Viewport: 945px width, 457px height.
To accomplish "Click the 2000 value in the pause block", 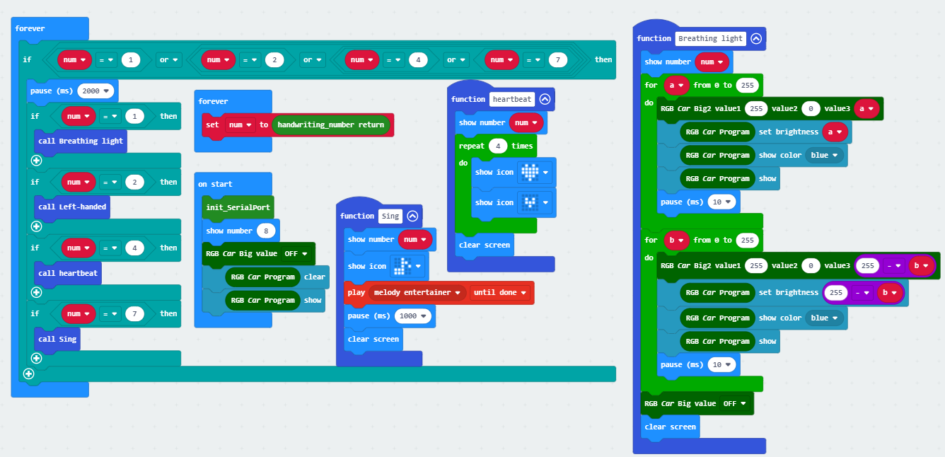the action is point(95,91).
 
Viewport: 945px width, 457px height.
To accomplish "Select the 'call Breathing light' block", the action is point(81,141).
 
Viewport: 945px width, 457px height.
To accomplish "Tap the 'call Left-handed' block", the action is point(72,207).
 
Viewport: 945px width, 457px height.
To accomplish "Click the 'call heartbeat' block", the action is point(68,273).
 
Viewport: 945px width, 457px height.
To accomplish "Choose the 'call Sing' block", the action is point(57,339).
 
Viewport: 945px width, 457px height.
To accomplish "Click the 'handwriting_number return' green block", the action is point(331,125).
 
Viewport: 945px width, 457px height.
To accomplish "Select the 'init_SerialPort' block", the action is point(238,207).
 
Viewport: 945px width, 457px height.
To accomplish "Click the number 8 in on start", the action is point(266,231).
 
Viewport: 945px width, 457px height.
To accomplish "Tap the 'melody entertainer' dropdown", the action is point(417,292).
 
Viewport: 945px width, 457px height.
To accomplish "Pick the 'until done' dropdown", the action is point(499,292).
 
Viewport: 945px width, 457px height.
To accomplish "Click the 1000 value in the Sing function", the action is point(412,316).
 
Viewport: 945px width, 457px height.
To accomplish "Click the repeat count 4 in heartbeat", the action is point(498,146).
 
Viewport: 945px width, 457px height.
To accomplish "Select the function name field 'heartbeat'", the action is point(511,99).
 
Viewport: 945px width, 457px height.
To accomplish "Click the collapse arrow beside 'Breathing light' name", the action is point(756,38).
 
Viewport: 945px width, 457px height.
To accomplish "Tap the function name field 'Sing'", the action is point(390,216).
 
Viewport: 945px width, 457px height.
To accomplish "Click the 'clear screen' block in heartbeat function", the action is point(485,245).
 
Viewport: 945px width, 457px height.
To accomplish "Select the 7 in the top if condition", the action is point(557,60).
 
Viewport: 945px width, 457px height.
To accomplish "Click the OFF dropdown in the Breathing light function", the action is point(734,403).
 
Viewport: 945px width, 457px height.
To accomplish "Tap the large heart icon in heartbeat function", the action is point(530,172).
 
